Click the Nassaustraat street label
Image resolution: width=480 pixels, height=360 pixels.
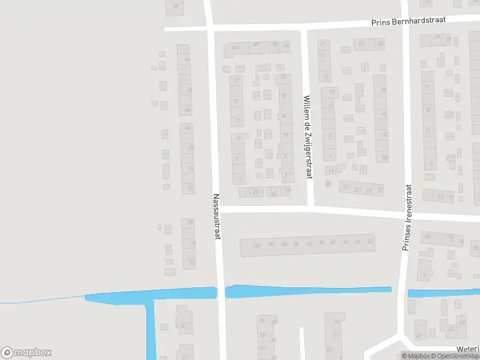tap(217, 217)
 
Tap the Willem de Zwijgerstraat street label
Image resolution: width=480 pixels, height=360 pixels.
tap(307, 137)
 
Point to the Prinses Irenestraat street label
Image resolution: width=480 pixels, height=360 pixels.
tap(406, 217)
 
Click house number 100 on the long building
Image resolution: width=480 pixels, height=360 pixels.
tap(257, 245)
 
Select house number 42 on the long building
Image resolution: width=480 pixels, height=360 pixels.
tap(370, 242)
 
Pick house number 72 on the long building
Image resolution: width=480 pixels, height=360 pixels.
tap(308, 244)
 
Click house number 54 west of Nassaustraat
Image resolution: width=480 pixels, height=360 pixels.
tap(187, 59)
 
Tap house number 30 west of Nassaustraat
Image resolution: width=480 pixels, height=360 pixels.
tap(190, 188)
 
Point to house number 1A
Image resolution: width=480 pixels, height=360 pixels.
tap(329, 170)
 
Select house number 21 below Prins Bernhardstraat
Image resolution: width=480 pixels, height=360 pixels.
tap(324, 43)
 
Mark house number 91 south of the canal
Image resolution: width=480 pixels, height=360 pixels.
tap(262, 320)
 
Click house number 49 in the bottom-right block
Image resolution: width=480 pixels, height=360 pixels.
tap(418, 336)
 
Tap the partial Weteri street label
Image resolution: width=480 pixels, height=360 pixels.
tap(467, 348)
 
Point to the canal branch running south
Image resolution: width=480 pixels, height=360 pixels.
tap(150, 330)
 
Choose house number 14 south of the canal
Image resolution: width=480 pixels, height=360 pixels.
tap(182, 326)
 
